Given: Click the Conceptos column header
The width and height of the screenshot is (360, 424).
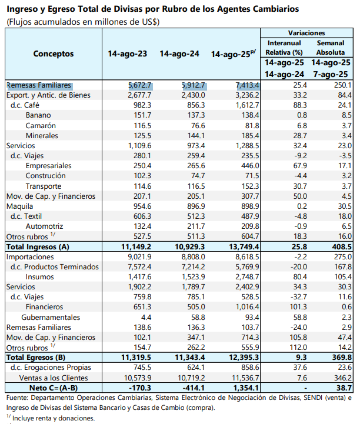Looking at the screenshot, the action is tap(54, 54).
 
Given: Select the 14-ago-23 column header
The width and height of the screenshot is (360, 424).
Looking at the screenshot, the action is tap(128, 54).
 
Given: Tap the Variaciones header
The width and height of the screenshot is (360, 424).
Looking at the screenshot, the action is tap(306, 33).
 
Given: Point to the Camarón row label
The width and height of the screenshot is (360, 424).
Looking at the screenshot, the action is tap(41, 126).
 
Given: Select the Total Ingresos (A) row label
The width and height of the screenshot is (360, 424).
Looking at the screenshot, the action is tap(38, 246).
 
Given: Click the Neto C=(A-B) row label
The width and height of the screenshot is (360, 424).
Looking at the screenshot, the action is tap(54, 388).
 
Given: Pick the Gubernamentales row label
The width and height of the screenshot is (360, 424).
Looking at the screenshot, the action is tap(51, 317).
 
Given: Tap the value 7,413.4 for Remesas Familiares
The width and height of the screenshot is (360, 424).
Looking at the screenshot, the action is tap(248, 85).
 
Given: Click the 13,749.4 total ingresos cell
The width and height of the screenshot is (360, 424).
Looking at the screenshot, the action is tap(244, 246).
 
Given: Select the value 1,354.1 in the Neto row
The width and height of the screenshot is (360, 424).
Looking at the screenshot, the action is tap(246, 388).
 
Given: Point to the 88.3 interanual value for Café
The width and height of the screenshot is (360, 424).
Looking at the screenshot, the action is tap(300, 105).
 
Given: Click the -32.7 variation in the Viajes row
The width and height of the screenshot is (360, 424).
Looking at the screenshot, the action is tap(299, 297).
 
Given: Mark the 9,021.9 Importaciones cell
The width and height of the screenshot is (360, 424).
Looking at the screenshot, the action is tap(139, 257).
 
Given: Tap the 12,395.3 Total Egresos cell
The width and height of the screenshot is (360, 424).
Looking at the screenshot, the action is tap(244, 358).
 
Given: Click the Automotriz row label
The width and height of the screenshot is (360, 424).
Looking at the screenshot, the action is tap(44, 226).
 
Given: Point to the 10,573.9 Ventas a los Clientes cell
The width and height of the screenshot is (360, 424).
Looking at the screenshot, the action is tap(138, 378).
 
